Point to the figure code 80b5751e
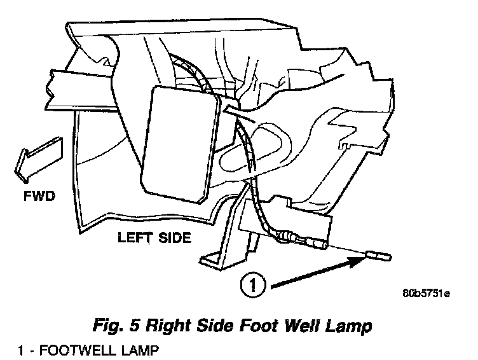coord(426,294)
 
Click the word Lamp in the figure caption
coord(350,328)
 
